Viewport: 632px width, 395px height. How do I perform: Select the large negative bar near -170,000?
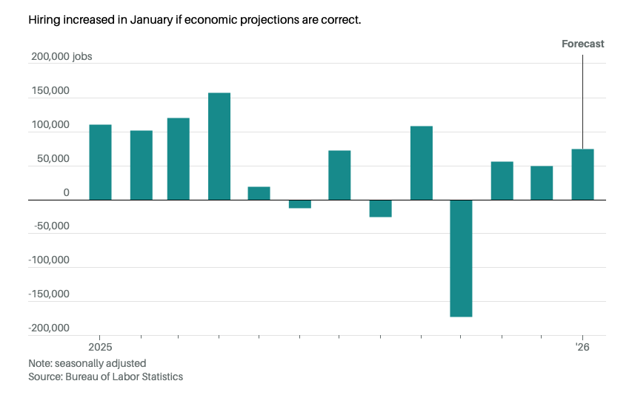[461, 258]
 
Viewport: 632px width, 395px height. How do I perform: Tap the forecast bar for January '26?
[582, 175]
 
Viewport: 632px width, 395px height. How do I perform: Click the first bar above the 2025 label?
[100, 162]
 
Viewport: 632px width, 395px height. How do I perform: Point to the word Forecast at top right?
[582, 44]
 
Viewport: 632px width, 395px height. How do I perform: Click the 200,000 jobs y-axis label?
[61, 57]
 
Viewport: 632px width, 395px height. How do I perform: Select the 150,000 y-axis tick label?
[50, 91]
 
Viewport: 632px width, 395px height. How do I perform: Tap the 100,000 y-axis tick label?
[50, 125]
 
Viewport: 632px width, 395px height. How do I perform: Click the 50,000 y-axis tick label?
[53, 159]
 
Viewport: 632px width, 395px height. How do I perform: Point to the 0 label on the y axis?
[66, 193]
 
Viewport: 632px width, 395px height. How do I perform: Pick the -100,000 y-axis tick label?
[49, 260]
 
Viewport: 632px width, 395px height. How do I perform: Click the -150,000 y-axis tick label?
[49, 294]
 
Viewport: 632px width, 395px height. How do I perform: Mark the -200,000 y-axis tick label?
[49, 328]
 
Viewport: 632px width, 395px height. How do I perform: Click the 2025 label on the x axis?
[100, 347]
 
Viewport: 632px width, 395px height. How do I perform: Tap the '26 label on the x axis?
[582, 347]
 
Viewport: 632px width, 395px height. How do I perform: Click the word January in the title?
[144, 19]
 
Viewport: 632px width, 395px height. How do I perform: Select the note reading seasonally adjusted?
[87, 363]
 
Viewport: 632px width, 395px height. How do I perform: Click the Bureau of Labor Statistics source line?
[105, 377]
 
